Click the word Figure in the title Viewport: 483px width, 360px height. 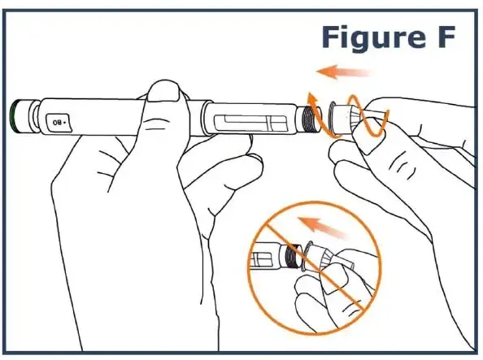pyautogui.click(x=368, y=37)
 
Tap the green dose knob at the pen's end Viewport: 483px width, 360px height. pyautogui.click(x=14, y=116)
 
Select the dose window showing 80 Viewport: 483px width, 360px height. pyautogui.click(x=59, y=122)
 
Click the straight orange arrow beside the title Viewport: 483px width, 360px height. pyautogui.click(x=344, y=72)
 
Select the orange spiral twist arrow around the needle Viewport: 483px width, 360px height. pyautogui.click(x=348, y=115)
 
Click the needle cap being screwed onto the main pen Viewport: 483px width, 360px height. pyautogui.click(x=342, y=119)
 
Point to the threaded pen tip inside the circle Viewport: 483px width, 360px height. pyautogui.click(x=294, y=256)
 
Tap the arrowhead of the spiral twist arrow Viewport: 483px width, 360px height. pyautogui.click(x=312, y=99)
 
